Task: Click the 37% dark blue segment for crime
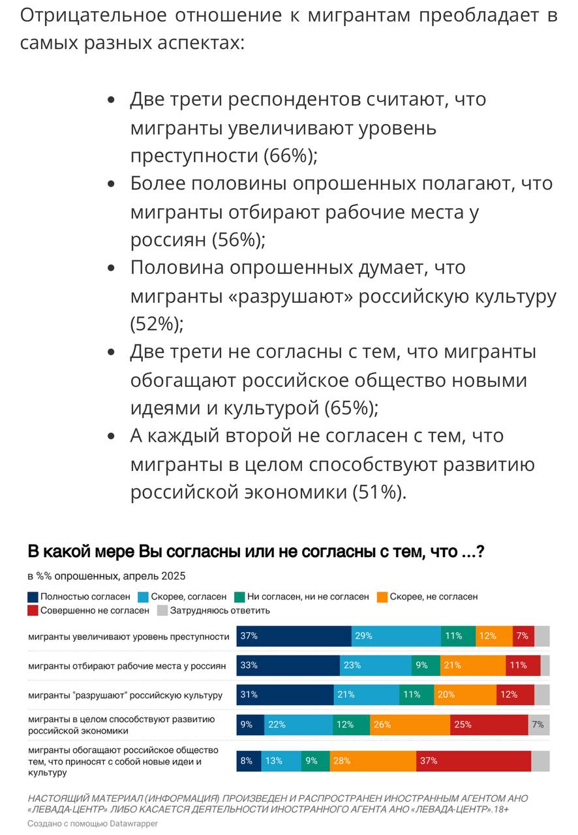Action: click(x=294, y=636)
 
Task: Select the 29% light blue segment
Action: click(x=396, y=636)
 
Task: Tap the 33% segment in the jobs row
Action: click(x=288, y=665)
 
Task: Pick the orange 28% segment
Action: click(x=373, y=761)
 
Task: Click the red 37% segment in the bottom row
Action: click(x=474, y=761)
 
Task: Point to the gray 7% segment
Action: click(x=539, y=725)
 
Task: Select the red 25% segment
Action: click(x=489, y=725)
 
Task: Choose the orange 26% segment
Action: click(x=410, y=725)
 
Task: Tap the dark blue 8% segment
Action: click(x=249, y=761)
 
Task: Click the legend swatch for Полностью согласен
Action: click(x=33, y=596)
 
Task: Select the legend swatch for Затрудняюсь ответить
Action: click(x=162, y=611)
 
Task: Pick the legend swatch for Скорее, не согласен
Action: click(x=382, y=596)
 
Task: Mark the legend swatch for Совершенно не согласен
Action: click(x=33, y=611)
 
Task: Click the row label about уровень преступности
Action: click(x=129, y=637)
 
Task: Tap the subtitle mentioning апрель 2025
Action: click(x=106, y=576)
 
